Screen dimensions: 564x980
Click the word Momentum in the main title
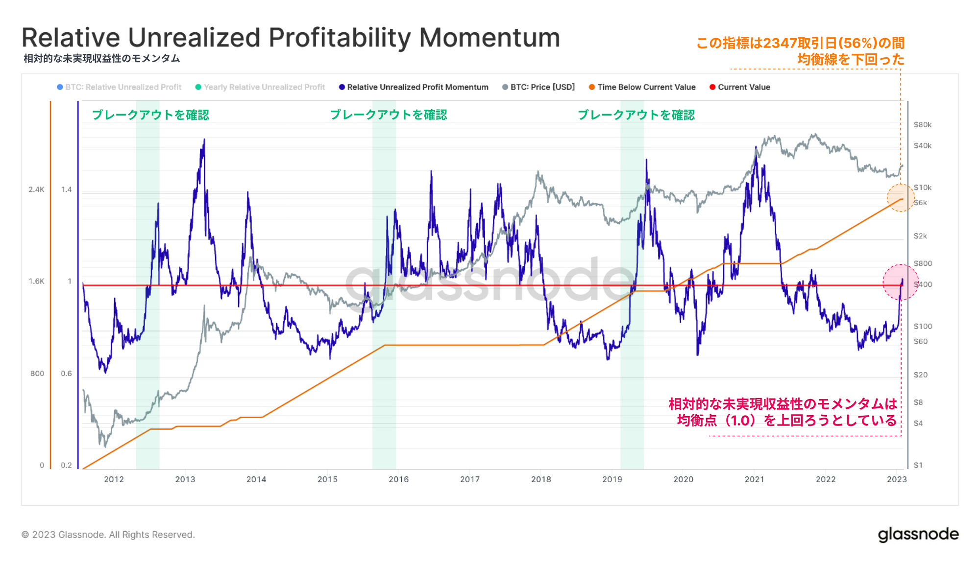[490, 38]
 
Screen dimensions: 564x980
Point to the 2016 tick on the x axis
[398, 479]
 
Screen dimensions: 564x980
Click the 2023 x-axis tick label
[897, 479]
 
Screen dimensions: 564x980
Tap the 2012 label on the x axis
[114, 479]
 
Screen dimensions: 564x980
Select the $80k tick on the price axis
[922, 125]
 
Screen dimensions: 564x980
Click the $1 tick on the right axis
[918, 465]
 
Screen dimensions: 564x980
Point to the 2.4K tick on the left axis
[36, 189]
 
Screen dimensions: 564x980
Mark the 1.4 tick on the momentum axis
[66, 189]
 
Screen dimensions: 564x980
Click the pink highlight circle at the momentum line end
[901, 282]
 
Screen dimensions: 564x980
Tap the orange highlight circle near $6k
[901, 198]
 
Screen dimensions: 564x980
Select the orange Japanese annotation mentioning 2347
[800, 51]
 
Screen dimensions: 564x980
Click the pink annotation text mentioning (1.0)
[783, 412]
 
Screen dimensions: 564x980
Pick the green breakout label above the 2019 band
[636, 115]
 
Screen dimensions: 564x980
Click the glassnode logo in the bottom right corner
[918, 534]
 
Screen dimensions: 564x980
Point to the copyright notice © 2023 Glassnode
[108, 535]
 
